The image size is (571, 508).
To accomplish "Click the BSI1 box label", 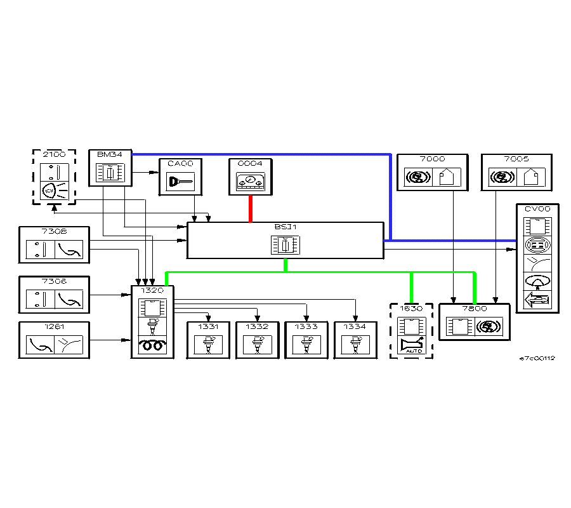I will coord(285,227).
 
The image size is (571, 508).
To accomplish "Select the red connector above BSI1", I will coord(251,208).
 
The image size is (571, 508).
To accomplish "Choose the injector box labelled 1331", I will coord(208,340).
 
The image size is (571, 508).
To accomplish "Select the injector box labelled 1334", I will coord(355,340).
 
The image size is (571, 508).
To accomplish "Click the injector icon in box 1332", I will coord(258,345).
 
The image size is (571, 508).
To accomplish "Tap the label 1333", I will coord(306,326).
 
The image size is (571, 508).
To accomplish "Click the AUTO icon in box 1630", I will coord(411,347).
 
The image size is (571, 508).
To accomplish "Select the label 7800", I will coord(475,309).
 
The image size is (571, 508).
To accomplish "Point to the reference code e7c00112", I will coord(537,358).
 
